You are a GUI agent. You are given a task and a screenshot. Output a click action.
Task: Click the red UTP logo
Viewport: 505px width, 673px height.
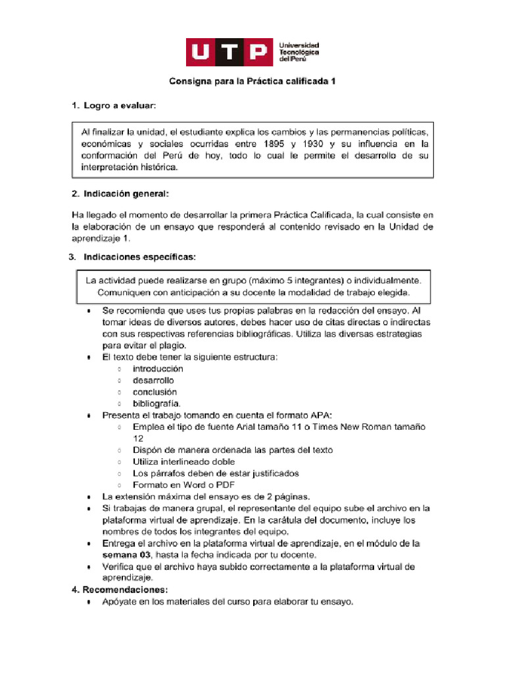[x=228, y=53]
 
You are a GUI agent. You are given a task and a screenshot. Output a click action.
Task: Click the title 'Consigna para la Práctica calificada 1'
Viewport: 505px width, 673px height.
[x=252, y=82]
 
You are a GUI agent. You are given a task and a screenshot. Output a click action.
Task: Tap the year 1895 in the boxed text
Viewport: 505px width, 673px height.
[x=275, y=143]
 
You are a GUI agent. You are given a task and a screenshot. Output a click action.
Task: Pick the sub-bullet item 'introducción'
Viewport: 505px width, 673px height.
[x=158, y=369]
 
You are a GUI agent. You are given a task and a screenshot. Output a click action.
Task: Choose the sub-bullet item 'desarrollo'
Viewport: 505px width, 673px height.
[x=153, y=381]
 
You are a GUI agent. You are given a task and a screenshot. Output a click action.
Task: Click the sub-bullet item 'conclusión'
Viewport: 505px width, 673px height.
[x=155, y=392]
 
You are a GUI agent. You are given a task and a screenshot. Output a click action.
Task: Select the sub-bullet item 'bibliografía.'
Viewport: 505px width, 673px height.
[x=156, y=404]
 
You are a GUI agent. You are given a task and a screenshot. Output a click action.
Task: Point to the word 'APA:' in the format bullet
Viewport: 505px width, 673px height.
[x=320, y=415]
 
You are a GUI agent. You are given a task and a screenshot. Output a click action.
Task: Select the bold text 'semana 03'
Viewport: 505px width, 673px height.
[x=123, y=555]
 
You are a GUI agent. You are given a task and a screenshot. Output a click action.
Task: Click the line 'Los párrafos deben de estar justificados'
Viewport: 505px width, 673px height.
[x=216, y=473]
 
